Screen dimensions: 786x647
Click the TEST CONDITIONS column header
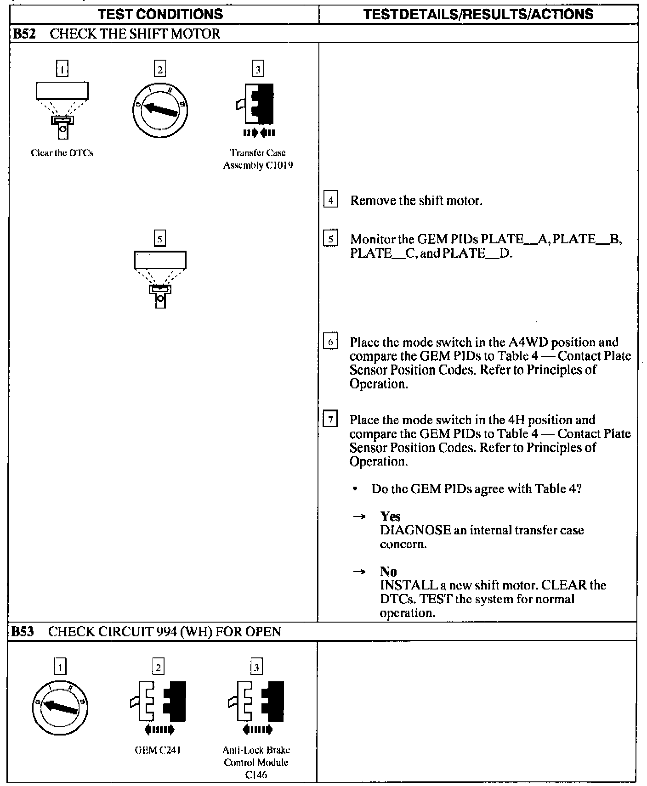click(160, 14)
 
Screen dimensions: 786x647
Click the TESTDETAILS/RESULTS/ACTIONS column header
click(478, 14)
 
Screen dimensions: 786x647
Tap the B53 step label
click(23, 632)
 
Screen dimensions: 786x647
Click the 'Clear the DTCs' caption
click(62, 153)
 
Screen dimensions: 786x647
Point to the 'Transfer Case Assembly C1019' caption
click(258, 159)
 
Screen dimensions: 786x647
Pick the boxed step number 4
click(330, 200)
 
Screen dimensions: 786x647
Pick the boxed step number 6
click(330, 342)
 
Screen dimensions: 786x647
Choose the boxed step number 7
click(330, 420)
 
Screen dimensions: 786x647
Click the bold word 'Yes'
click(390, 517)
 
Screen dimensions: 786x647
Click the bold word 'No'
click(388, 572)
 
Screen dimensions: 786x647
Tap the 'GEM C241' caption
click(158, 750)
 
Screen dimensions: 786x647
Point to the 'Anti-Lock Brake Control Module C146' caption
click(256, 762)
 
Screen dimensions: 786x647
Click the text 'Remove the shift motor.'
click(416, 201)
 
